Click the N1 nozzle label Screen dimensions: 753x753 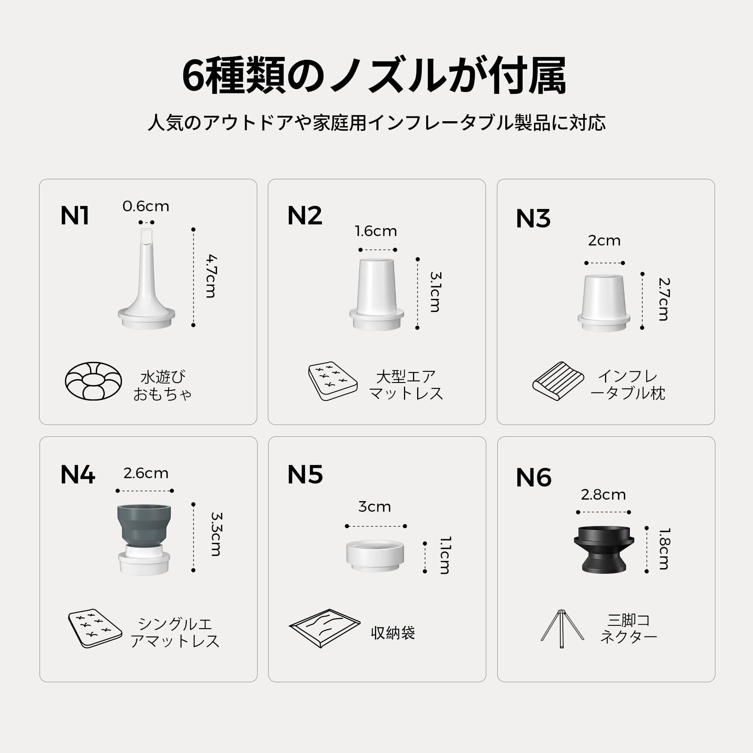point(75,215)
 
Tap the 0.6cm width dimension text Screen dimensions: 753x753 point(146,206)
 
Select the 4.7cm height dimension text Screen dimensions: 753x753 point(211,276)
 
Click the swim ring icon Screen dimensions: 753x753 point(93,381)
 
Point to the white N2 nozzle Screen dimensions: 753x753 point(376,294)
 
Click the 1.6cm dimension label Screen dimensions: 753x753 point(376,231)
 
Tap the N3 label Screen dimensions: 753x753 point(533,218)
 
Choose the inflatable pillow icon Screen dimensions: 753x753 point(558,381)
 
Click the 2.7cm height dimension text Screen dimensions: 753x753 point(663,299)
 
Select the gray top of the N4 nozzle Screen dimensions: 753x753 point(144,524)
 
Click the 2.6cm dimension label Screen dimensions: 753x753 point(146,473)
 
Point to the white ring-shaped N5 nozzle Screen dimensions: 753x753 point(375,556)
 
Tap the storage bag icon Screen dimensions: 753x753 point(325,628)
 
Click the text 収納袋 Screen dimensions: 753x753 point(393,633)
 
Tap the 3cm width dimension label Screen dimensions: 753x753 point(375,507)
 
